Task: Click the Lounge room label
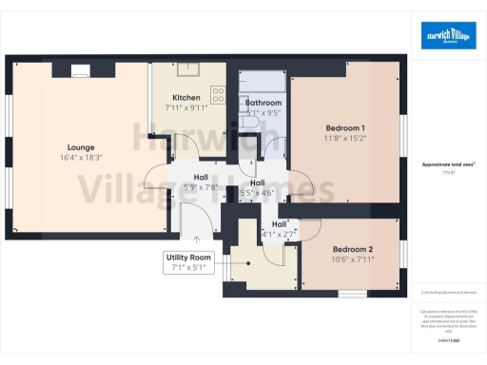tap(81, 147)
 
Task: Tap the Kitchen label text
tap(185, 98)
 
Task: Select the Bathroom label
tap(263, 103)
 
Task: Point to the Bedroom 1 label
tap(345, 127)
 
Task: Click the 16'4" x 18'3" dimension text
tap(81, 158)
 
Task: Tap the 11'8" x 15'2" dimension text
tap(345, 138)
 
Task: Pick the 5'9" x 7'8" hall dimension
tap(201, 187)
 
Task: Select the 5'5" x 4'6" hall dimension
tap(257, 193)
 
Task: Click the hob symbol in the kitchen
tap(218, 95)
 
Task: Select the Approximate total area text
tap(447, 164)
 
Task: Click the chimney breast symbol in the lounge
tap(82, 68)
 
